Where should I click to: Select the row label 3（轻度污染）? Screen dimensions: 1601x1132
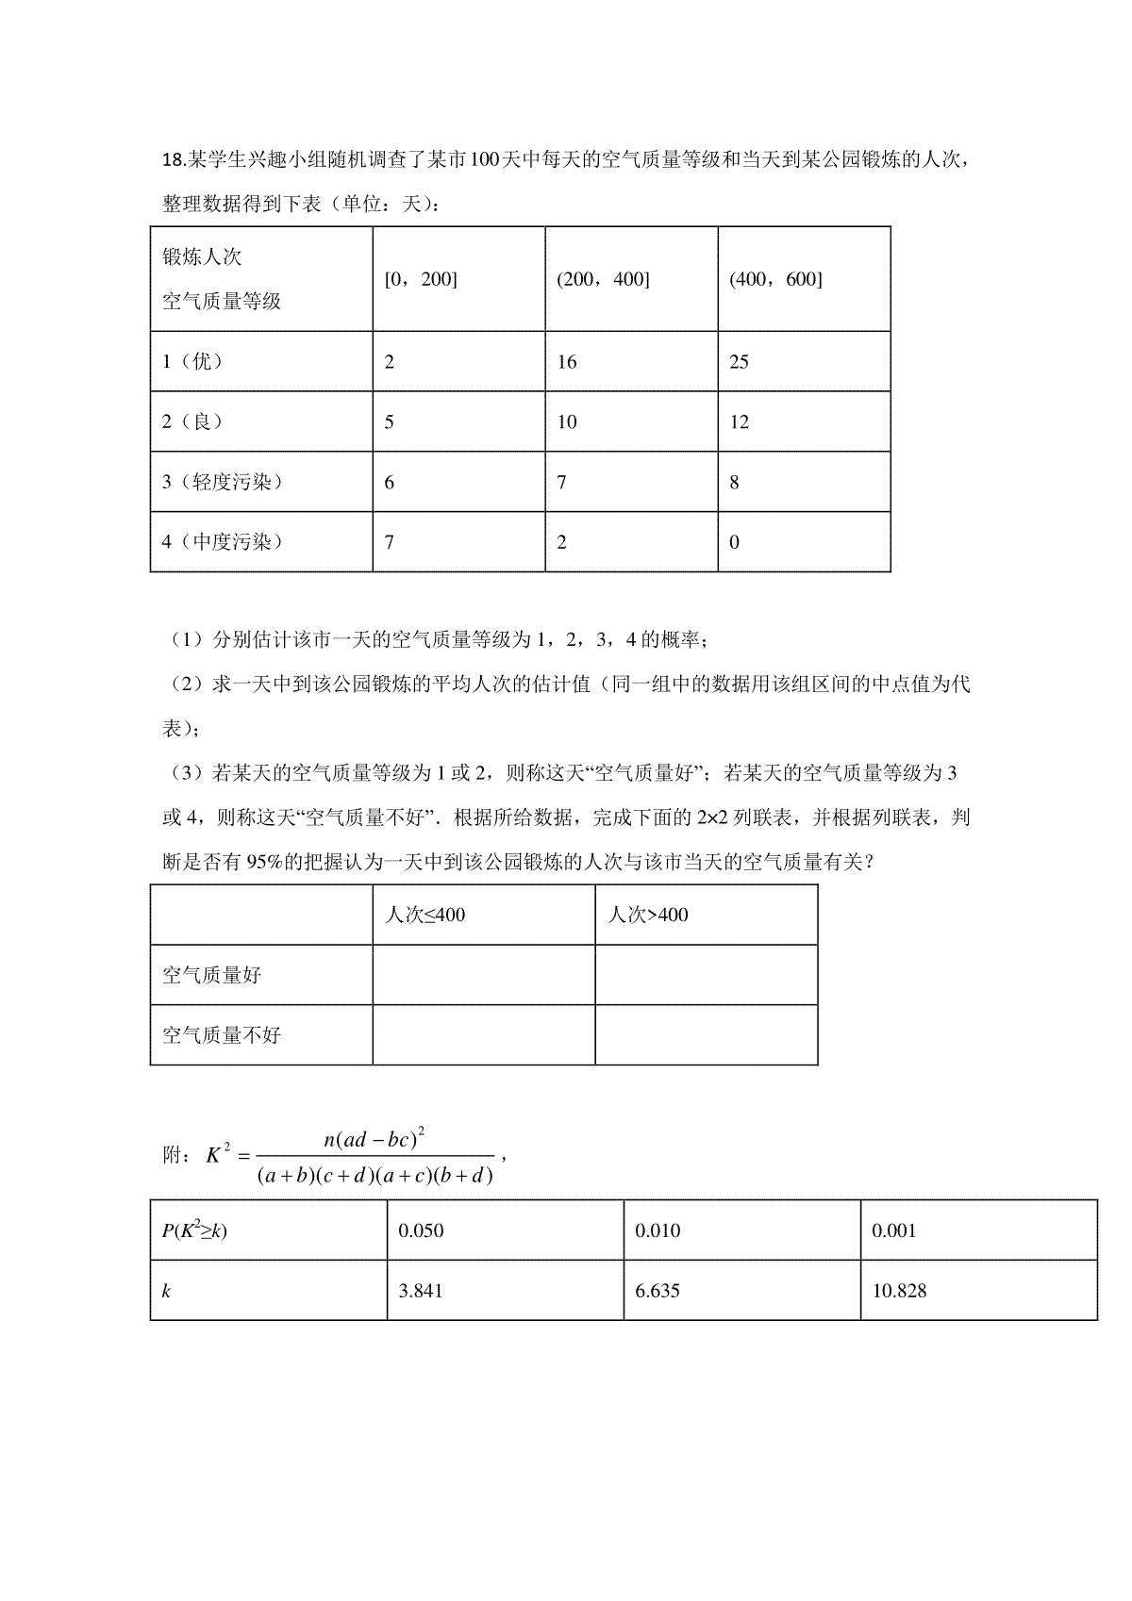(x=223, y=482)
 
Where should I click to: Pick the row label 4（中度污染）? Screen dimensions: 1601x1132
(x=223, y=541)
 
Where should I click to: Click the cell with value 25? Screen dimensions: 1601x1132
(x=739, y=362)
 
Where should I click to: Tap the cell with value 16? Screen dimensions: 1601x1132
(x=566, y=362)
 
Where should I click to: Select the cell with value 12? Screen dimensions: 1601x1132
(x=739, y=422)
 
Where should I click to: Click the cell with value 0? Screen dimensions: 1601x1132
(x=735, y=542)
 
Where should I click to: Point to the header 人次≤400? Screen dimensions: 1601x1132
(x=424, y=915)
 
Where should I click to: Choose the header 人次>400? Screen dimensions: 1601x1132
(x=648, y=915)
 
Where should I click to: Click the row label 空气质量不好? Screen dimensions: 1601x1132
(x=222, y=1035)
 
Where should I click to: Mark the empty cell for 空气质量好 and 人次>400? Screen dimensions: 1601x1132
(x=706, y=975)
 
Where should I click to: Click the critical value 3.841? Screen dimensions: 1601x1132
(x=421, y=1291)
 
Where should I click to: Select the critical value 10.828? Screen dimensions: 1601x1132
(x=899, y=1291)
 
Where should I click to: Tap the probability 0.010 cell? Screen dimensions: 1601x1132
(x=658, y=1230)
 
